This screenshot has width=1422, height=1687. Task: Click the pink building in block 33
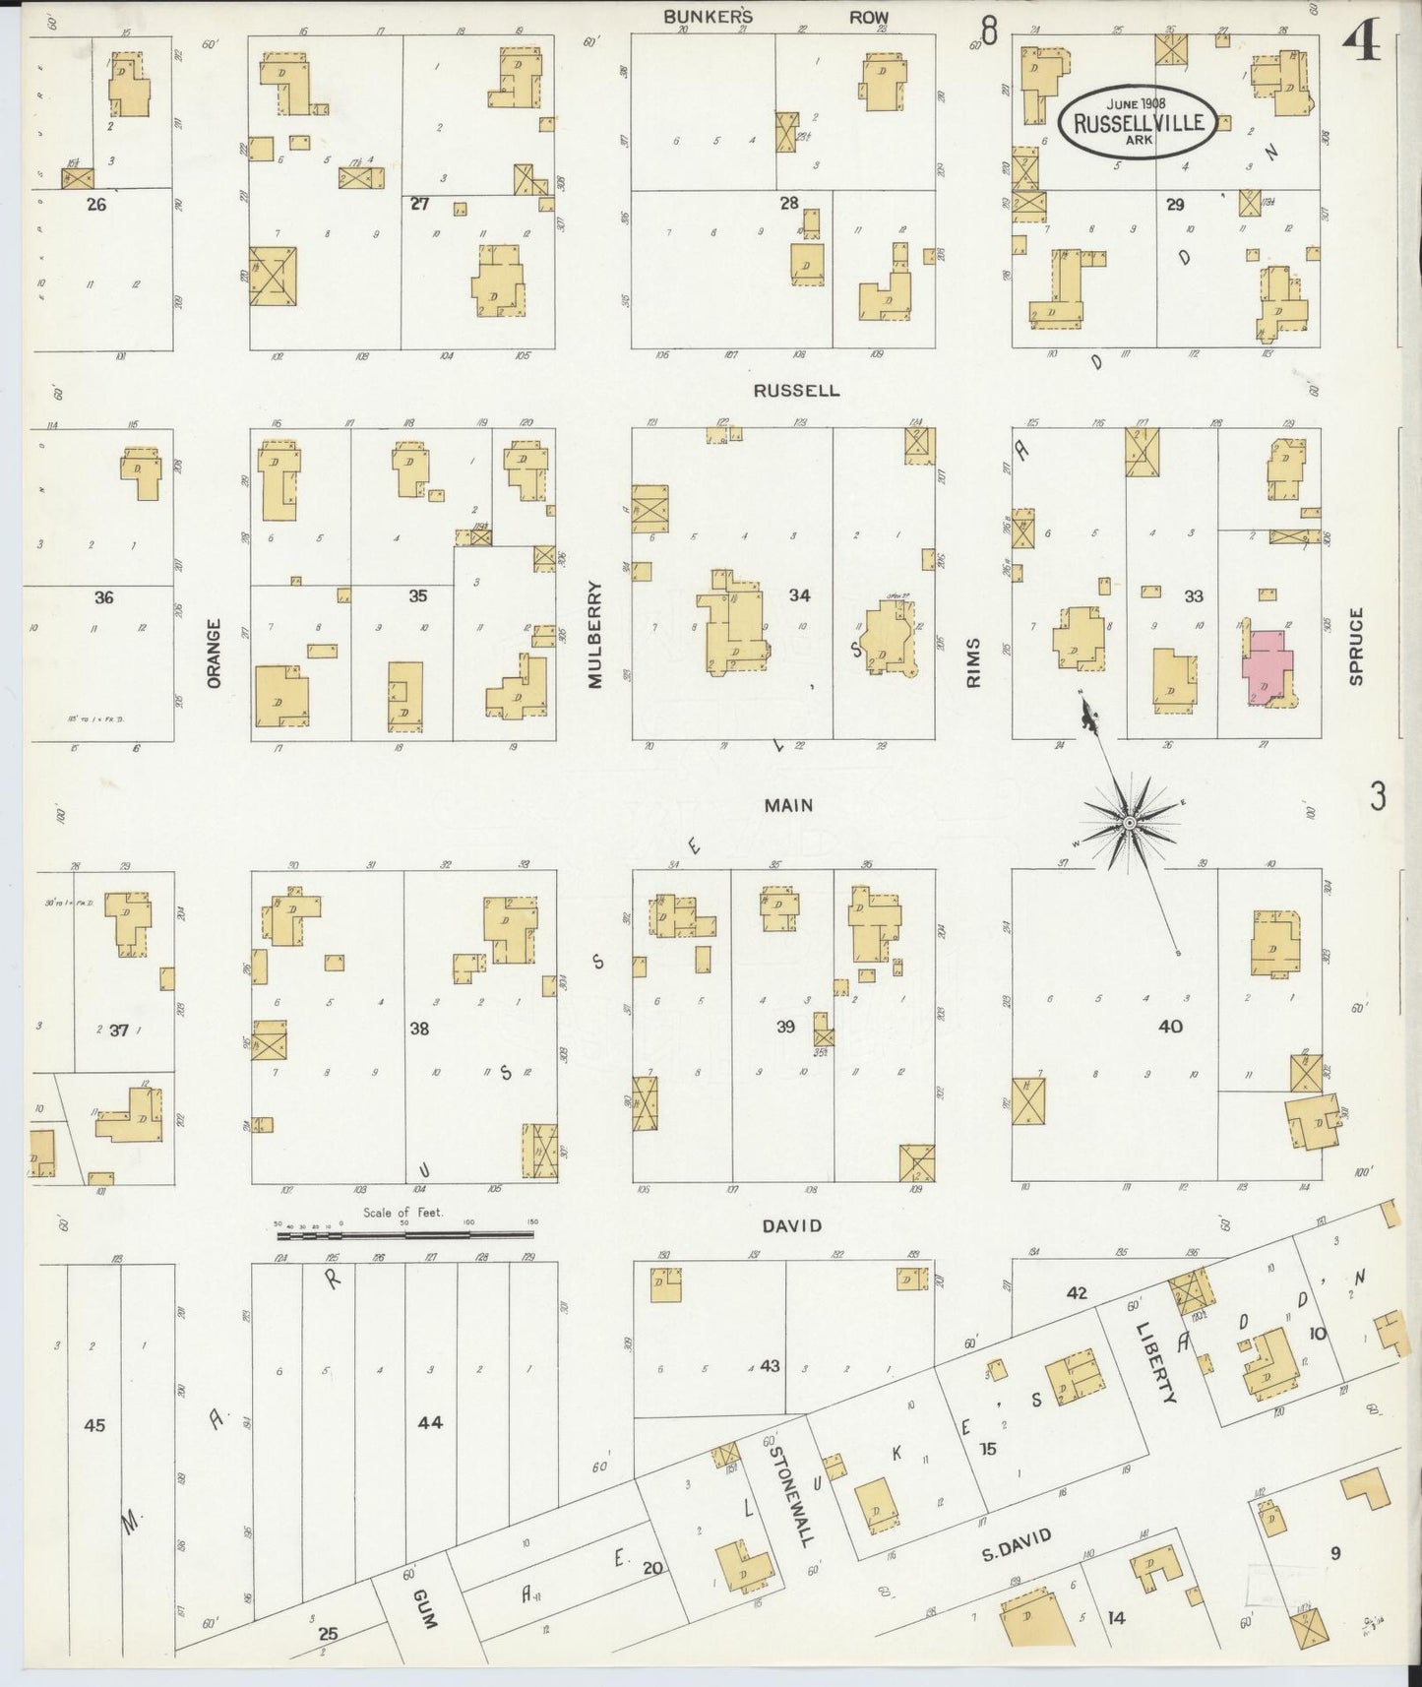[x=1266, y=664]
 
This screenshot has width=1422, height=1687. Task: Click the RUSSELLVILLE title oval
[x=1139, y=121]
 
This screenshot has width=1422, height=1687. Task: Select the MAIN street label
[x=789, y=805]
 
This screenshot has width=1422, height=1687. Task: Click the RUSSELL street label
[x=796, y=390]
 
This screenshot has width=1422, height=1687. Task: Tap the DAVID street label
[x=791, y=1225]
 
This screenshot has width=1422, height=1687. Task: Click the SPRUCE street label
[x=1356, y=646]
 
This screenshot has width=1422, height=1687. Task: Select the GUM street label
[x=424, y=1607]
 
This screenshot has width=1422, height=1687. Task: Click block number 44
[x=430, y=1421]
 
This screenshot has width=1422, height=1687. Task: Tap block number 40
[x=1170, y=1027]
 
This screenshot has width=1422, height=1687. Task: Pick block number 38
[x=419, y=1029]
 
